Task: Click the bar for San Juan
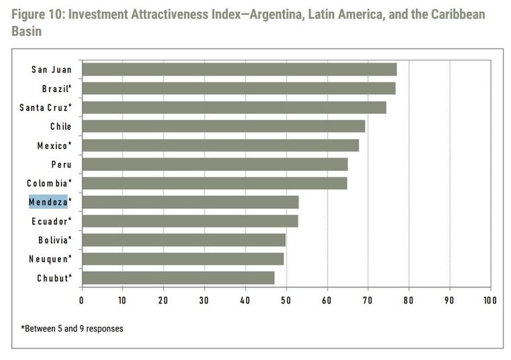[x=239, y=69]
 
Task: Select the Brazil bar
[x=238, y=88]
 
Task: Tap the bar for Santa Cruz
[x=233, y=108]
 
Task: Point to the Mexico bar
[x=220, y=145]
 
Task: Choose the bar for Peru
[x=214, y=164]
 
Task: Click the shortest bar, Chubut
[x=178, y=278]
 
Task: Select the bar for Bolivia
[x=184, y=240]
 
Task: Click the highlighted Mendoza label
[x=48, y=202]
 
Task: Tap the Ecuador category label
[x=51, y=221]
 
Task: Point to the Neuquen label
[x=50, y=259]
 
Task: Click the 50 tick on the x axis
[x=286, y=300]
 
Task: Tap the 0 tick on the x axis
[x=81, y=300]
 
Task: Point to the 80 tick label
[x=408, y=300]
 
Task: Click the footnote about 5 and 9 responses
[x=72, y=328]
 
